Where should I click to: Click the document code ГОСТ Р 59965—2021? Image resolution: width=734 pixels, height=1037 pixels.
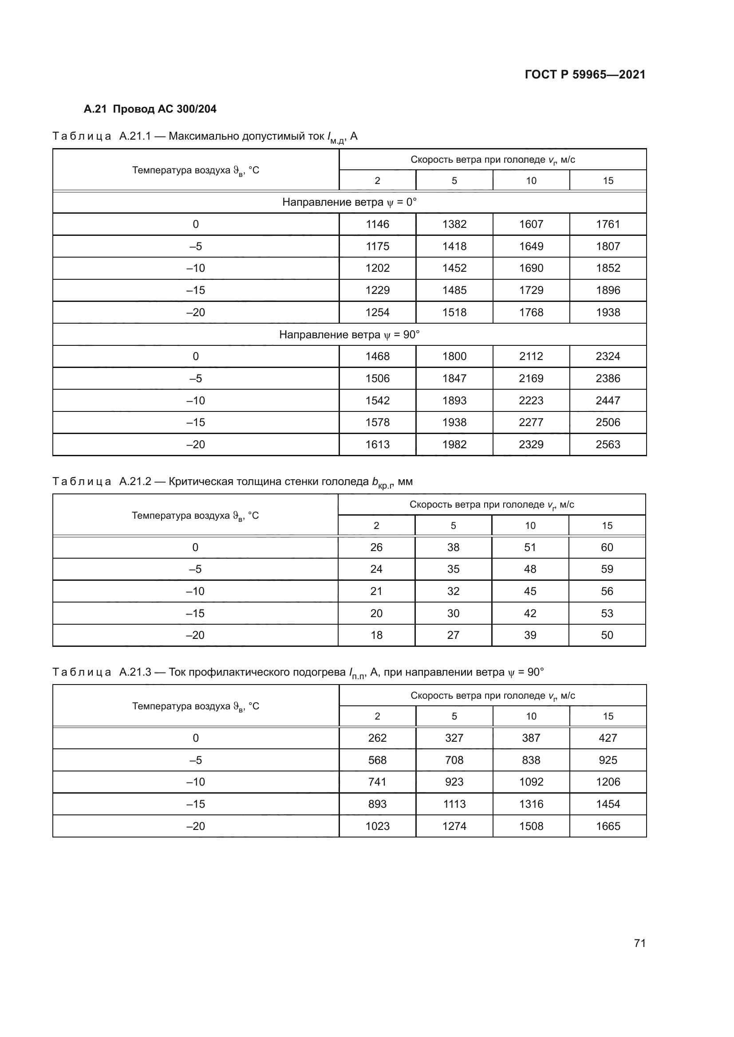[585, 74]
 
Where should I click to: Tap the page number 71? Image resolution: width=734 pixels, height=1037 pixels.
[639, 943]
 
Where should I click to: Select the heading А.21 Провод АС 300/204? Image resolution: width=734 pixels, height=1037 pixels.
[150, 109]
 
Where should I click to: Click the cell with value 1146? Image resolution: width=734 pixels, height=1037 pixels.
[377, 224]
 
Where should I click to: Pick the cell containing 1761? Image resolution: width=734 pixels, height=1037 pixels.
[608, 224]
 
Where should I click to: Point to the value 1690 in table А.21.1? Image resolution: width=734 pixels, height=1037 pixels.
[531, 268]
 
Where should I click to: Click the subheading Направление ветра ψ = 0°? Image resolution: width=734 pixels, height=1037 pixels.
[349, 202]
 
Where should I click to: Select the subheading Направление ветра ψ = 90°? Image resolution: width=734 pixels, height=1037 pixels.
[349, 334]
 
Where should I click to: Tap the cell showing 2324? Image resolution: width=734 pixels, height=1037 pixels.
[608, 356]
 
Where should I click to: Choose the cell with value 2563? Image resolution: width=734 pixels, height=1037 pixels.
[608, 444]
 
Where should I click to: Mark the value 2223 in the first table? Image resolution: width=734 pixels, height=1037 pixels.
[531, 400]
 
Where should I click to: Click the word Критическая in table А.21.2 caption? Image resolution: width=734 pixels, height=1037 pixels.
[197, 481]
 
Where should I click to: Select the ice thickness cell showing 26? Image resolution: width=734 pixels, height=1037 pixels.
[376, 548]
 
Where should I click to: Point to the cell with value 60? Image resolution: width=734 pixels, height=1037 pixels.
[607, 548]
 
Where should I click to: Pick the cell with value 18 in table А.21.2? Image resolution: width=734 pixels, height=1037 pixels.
[376, 635]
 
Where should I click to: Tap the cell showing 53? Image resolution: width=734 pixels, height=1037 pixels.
[607, 613]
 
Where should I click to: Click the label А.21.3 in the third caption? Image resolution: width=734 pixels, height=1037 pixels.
[135, 672]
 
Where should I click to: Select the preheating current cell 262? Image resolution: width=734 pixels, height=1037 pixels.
[377, 738]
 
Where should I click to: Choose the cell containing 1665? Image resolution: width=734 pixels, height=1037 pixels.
[608, 826]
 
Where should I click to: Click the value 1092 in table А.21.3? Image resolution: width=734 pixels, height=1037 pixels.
[531, 782]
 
